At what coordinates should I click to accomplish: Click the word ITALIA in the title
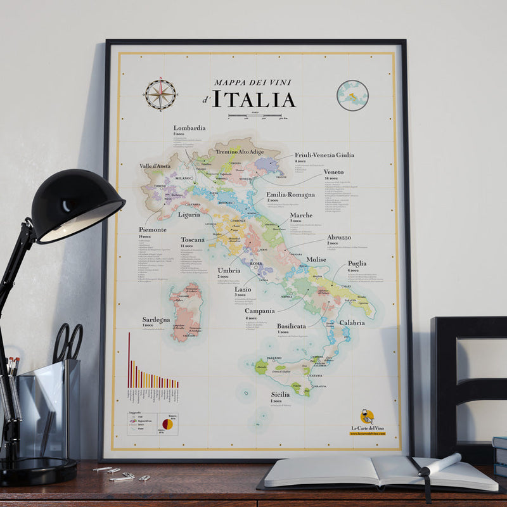253,99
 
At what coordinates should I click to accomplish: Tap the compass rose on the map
160,94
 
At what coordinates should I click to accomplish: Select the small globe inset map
352,96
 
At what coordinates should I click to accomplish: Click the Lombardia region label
189,127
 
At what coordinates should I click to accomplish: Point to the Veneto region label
333,172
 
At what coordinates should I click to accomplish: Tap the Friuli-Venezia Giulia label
324,155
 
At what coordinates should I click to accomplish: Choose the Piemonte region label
153,229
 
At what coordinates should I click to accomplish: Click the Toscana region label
193,240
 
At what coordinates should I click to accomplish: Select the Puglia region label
357,264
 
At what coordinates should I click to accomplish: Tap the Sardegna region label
156,320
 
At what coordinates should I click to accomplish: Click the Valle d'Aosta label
155,166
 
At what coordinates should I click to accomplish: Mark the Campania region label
260,311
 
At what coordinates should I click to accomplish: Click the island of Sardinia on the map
185,312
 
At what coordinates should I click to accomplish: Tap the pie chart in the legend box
168,423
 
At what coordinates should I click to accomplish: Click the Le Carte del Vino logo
367,420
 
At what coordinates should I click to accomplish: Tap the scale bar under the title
254,116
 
